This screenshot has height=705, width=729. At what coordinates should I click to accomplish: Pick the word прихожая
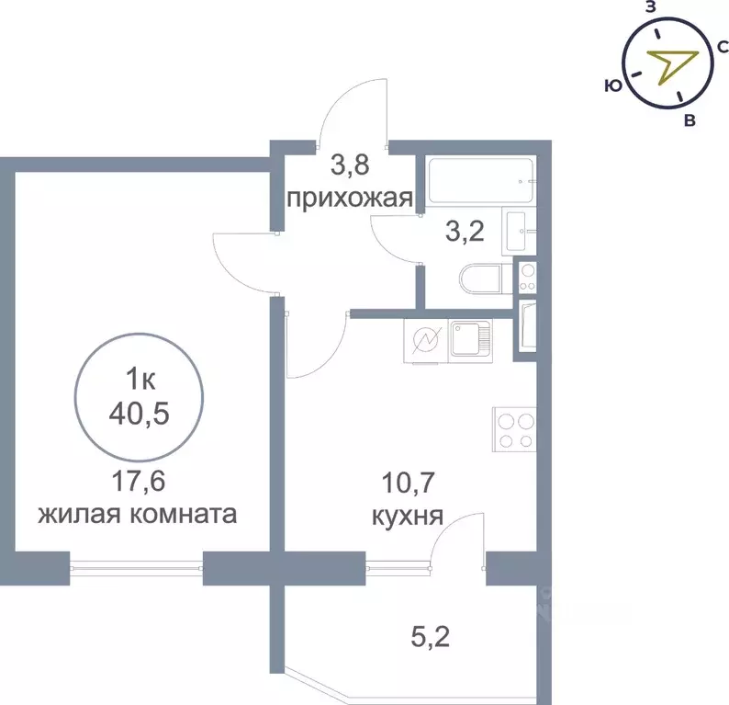pyautogui.click(x=346, y=198)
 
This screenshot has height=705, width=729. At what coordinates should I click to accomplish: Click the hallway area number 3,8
pyautogui.click(x=348, y=166)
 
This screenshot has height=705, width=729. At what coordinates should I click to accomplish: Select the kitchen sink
pyautogui.click(x=471, y=339)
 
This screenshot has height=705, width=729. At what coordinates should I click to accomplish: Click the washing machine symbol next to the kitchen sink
pyautogui.click(x=426, y=340)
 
